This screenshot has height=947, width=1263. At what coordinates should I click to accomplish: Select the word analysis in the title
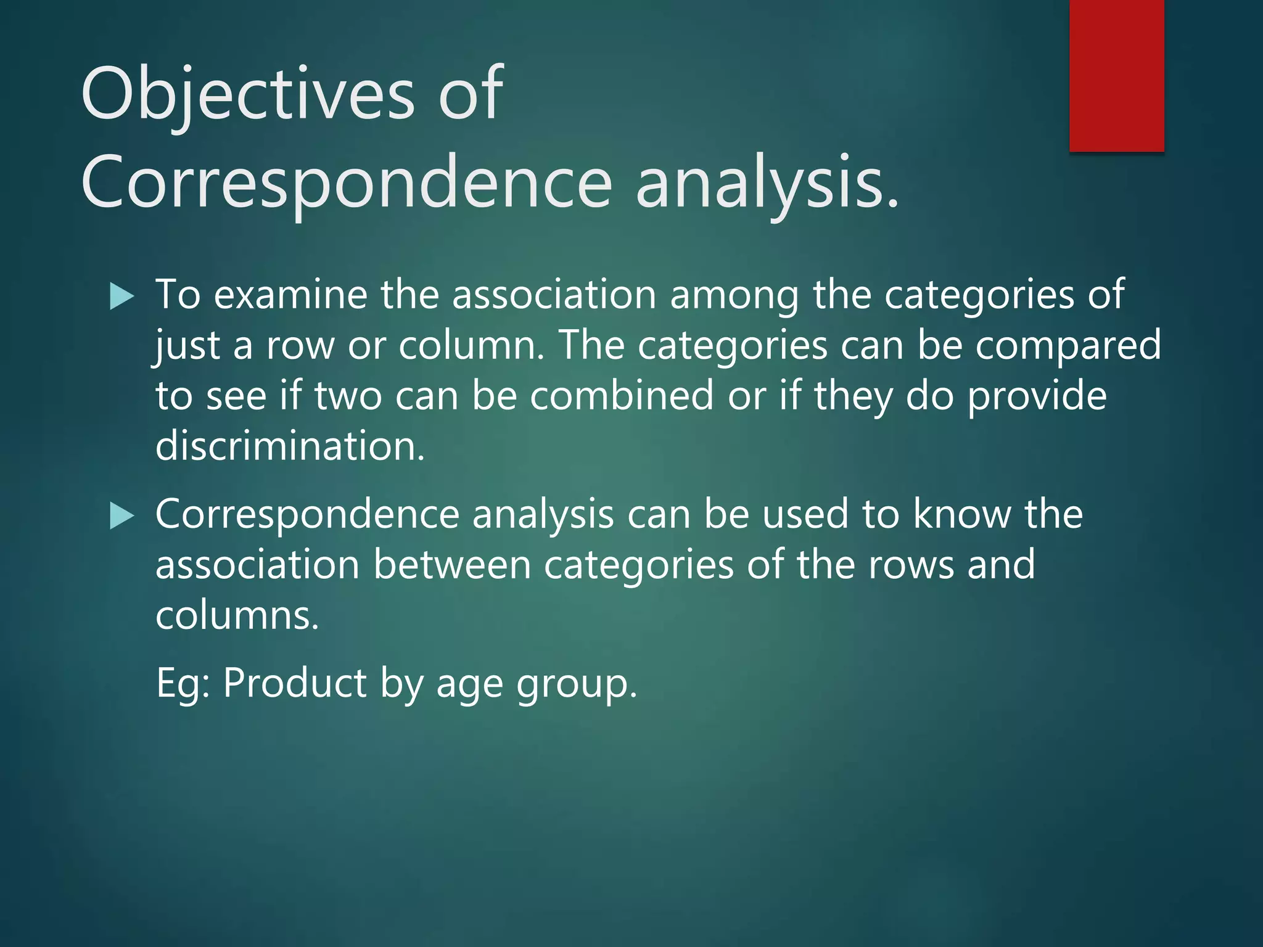click(767, 184)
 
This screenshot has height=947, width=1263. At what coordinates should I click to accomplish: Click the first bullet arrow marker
click(121, 297)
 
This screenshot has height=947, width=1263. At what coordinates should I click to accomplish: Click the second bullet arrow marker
click(121, 516)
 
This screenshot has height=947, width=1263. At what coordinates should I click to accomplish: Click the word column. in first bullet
click(472, 345)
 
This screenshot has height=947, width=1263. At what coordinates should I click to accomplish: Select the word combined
click(622, 396)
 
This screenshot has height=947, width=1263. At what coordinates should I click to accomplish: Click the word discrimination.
click(290, 446)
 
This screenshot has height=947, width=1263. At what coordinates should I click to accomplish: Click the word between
click(451, 565)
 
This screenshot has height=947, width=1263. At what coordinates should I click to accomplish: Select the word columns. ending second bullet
click(237, 616)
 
